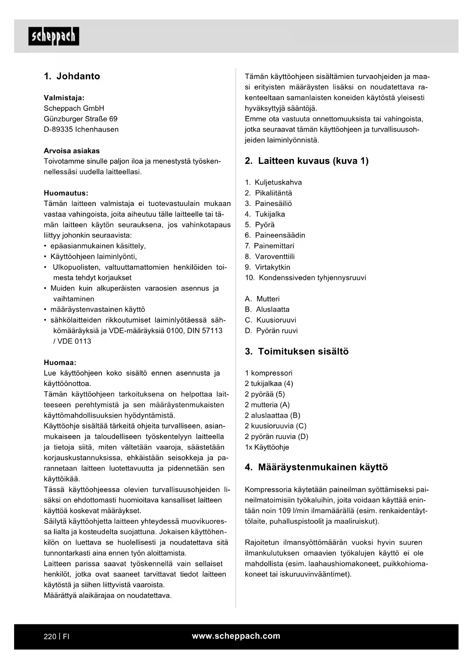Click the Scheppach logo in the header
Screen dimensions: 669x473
pyautogui.click(x=54, y=36)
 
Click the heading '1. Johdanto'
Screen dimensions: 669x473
pyautogui.click(x=72, y=76)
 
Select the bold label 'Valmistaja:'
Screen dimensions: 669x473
pyautogui.click(x=64, y=98)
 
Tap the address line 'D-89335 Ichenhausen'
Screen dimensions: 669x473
pyautogui.click(x=81, y=129)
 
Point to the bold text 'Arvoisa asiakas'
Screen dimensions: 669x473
pyautogui.click(x=72, y=151)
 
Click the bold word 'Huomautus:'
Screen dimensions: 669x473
pyautogui.click(x=66, y=193)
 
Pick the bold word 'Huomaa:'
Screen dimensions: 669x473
pyautogui.click(x=60, y=362)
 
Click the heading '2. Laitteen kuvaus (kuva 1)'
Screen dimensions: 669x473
pyautogui.click(x=306, y=161)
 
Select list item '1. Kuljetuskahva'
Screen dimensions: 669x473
pyautogui.click(x=273, y=182)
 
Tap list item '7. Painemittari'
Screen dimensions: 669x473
pyautogui.click(x=269, y=246)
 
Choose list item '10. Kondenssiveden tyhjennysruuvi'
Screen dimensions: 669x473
pyautogui.click(x=305, y=278)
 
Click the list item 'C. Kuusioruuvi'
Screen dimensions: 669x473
pyautogui.click(x=270, y=320)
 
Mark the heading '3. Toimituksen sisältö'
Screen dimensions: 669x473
pyautogui.click(x=297, y=352)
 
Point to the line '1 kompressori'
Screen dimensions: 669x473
pyautogui.click(x=269, y=373)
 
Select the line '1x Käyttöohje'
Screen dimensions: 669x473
pyautogui.click(x=267, y=447)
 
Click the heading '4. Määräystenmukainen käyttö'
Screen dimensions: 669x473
pyautogui.click(x=316, y=467)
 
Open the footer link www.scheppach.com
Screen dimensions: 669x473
pyautogui.click(x=236, y=636)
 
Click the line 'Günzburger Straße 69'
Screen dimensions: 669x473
pyautogui.click(x=81, y=119)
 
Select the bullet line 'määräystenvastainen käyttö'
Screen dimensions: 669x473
pyautogui.click(x=98, y=309)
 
